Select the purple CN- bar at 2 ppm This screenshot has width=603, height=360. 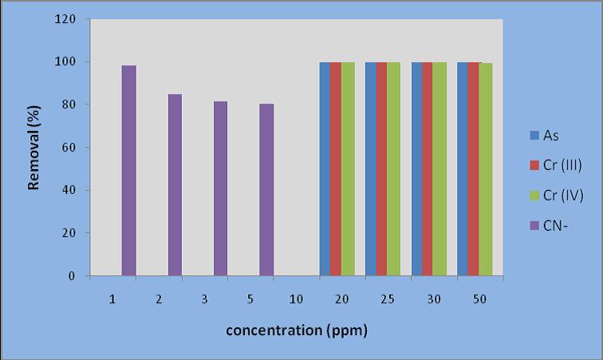175,185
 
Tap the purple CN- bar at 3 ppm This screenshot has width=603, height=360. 220,188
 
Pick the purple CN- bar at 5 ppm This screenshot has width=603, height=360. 266,190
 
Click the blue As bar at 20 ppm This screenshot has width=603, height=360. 325,169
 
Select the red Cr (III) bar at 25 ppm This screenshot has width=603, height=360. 381,169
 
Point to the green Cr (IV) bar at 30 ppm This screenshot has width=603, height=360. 439,169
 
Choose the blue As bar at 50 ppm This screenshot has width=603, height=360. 463,169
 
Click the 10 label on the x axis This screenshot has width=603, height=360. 296,299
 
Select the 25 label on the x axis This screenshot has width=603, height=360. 388,299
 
